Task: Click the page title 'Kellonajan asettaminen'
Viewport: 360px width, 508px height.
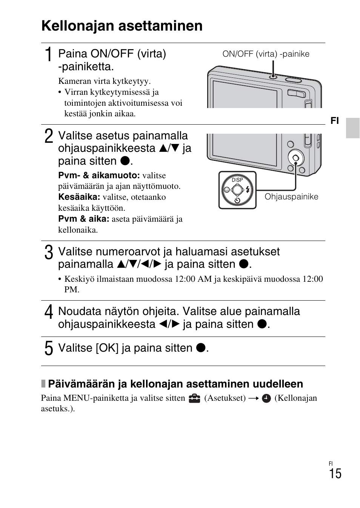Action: (122, 26)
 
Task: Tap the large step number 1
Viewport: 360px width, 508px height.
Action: (48, 55)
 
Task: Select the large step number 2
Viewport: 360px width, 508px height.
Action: (49, 136)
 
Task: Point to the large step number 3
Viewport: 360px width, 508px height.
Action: (49, 253)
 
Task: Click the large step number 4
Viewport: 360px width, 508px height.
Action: (49, 312)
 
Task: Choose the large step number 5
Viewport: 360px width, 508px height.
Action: (49, 348)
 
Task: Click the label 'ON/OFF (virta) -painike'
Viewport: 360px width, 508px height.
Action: (266, 54)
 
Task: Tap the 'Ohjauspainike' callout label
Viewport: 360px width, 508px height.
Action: (291, 197)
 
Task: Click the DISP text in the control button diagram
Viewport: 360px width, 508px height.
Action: (237, 180)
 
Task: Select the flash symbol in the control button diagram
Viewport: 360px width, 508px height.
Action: (248, 190)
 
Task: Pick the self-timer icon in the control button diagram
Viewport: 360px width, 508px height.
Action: (237, 201)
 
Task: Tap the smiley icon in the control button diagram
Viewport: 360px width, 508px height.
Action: (227, 190)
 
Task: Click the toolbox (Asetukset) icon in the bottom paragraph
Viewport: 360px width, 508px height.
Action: (194, 398)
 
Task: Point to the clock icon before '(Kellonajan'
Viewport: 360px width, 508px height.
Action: (266, 398)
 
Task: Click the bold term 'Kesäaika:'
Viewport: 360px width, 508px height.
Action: (79, 197)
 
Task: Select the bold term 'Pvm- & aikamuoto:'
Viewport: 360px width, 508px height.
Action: (99, 175)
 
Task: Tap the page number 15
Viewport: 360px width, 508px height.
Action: (335, 474)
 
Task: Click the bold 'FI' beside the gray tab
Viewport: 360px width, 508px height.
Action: (335, 120)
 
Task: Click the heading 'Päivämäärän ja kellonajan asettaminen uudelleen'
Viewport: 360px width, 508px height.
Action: (175, 384)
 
